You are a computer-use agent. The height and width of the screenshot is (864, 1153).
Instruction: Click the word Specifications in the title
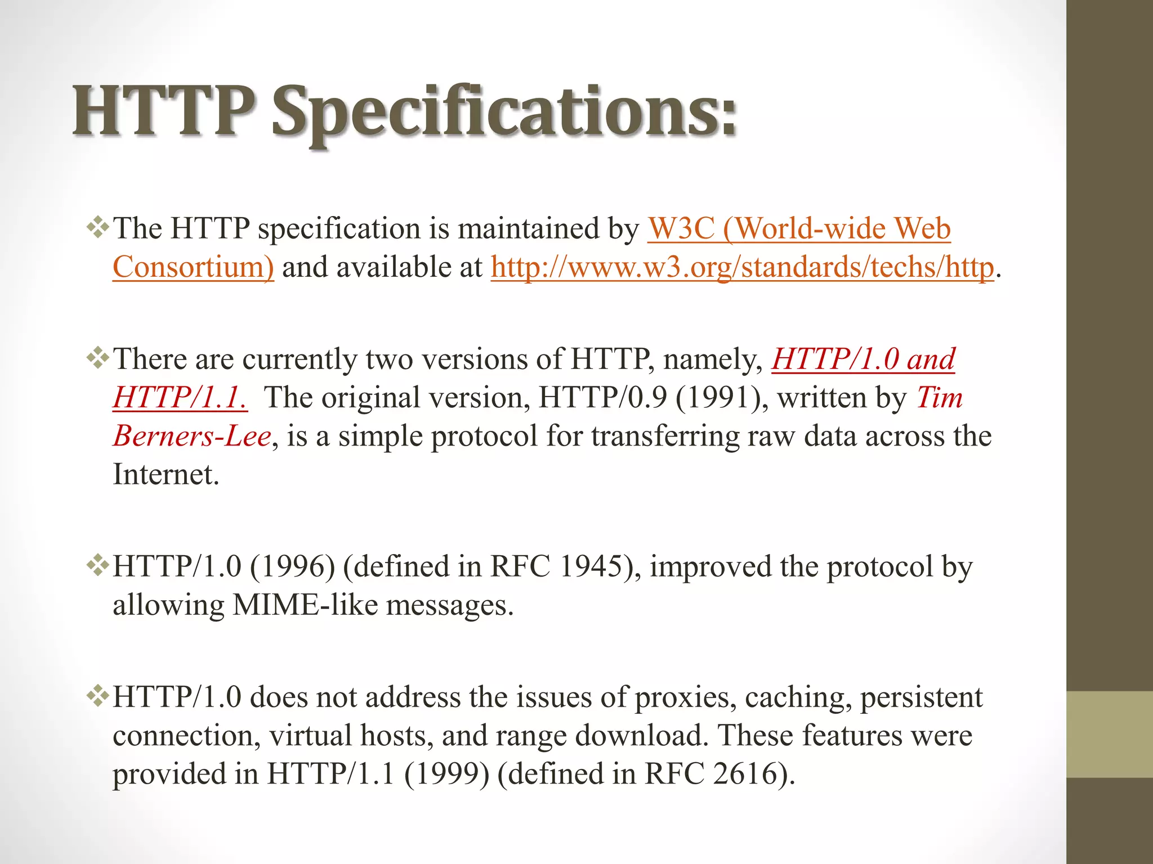point(504,112)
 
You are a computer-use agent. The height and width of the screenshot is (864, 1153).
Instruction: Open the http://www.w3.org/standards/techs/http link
point(742,267)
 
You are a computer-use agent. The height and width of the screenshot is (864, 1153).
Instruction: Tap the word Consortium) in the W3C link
point(193,267)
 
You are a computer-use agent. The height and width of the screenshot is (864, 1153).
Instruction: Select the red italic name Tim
point(939,398)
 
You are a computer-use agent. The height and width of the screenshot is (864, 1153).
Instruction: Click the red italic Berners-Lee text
point(192,436)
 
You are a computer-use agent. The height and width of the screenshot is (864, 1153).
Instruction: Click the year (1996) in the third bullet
point(292,566)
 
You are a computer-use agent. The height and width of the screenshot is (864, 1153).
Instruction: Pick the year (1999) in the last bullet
point(446,774)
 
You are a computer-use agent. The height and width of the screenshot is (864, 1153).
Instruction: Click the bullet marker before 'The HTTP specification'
point(98,228)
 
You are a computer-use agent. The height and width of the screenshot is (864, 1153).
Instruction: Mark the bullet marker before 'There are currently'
point(98,358)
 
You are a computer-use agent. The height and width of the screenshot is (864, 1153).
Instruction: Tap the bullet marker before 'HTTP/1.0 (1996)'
point(98,565)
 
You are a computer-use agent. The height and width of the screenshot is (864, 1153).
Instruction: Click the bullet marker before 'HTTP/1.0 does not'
point(98,696)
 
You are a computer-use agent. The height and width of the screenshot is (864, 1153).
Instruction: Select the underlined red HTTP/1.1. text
point(180,398)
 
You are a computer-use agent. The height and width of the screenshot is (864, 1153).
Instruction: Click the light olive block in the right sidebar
point(1110,734)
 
